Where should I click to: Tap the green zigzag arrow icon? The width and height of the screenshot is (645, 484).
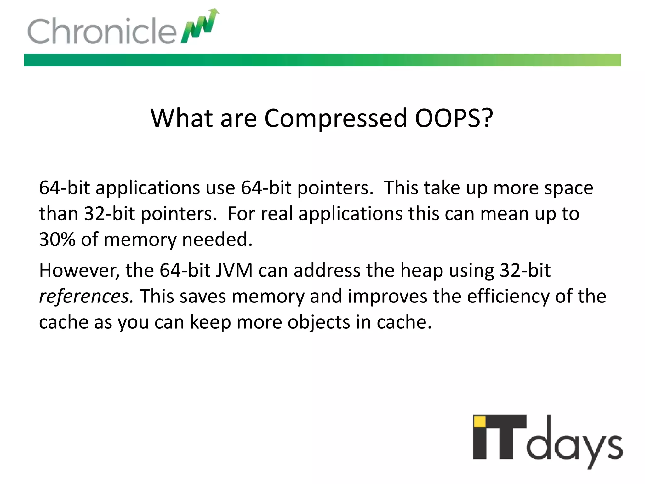200,26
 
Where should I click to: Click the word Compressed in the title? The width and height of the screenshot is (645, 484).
336,118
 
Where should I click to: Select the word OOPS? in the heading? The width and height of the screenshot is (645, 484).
454,118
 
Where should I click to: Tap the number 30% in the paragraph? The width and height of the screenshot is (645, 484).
57,239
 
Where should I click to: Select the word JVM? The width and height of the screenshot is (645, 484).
234,271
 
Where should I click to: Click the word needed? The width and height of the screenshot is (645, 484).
217,239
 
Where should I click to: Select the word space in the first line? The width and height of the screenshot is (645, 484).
569,188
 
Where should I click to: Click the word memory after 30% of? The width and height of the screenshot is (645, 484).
140,239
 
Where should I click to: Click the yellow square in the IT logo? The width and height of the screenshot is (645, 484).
480,421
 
